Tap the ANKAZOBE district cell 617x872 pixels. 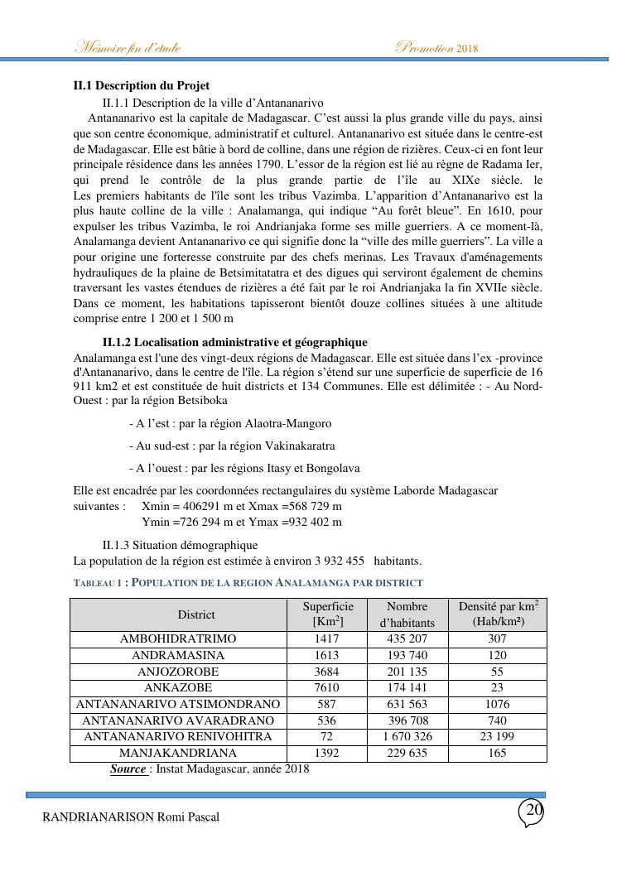[x=178, y=687]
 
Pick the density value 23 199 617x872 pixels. [x=497, y=737]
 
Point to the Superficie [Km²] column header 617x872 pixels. [x=328, y=614]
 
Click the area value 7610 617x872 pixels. [x=327, y=687]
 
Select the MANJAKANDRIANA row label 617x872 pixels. [x=178, y=754]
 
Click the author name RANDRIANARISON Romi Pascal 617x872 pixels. [x=131, y=818]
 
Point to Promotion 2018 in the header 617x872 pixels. [x=438, y=47]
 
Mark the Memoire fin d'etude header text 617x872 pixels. [x=128, y=47]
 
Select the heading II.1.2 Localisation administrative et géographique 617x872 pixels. [x=234, y=342]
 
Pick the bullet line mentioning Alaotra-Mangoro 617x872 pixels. [x=230, y=423]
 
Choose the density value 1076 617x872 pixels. [x=497, y=704]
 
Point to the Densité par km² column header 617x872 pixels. [x=497, y=614]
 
